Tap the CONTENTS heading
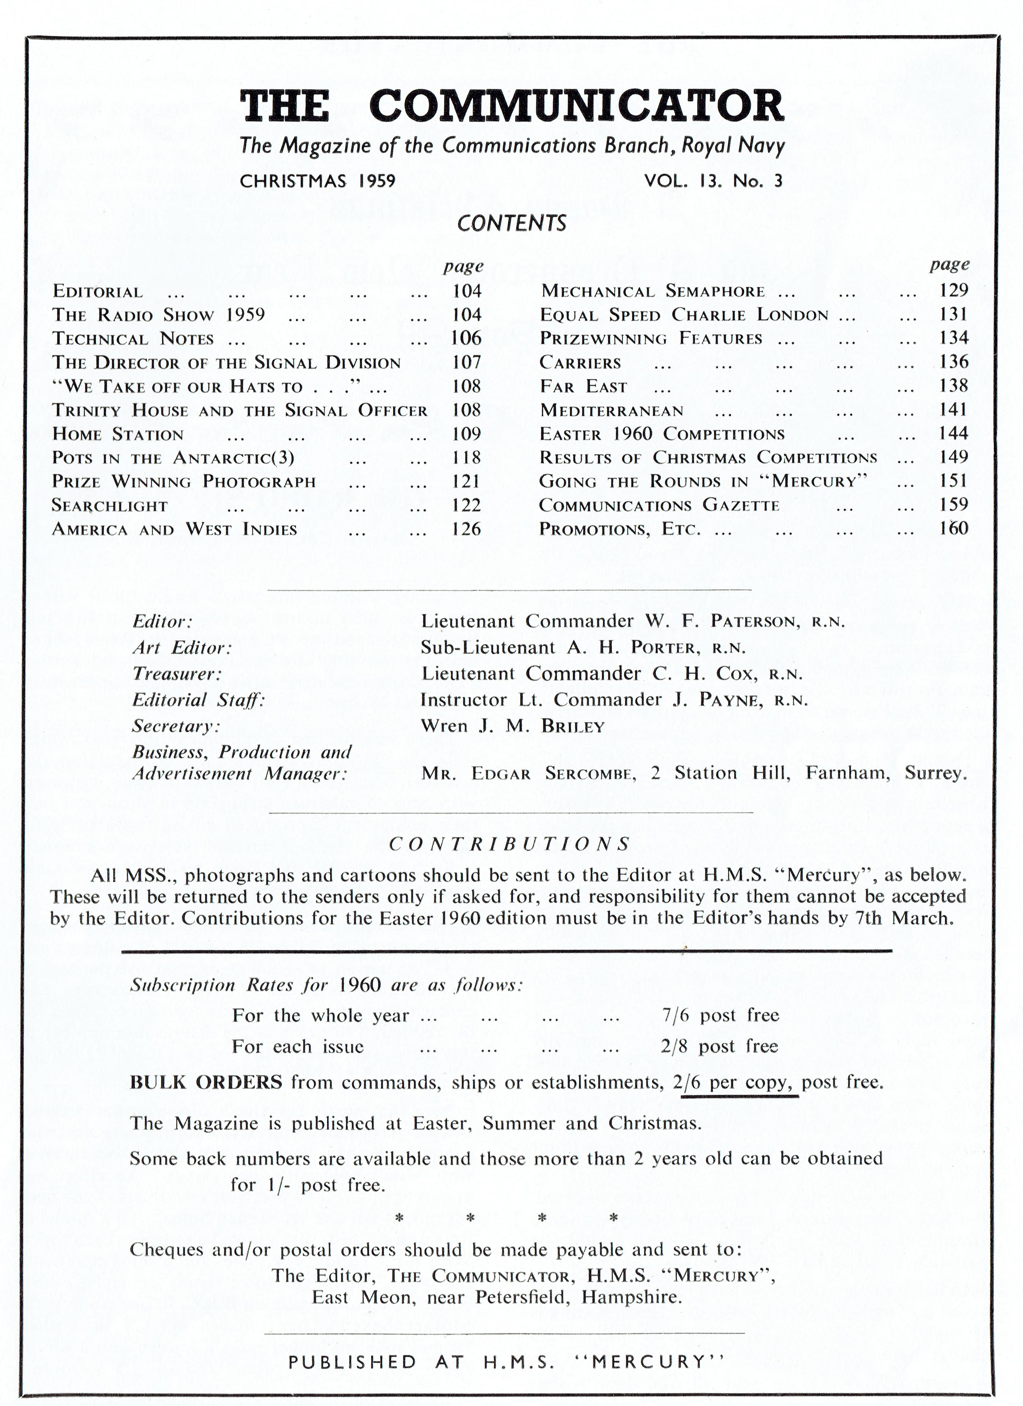pyautogui.click(x=511, y=223)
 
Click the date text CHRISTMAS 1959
pyautogui.click(x=317, y=181)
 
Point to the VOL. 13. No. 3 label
pyautogui.click(x=713, y=181)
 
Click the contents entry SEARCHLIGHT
pyautogui.click(x=110, y=506)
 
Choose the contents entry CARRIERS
pyautogui.click(x=580, y=363)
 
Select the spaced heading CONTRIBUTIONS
pyautogui.click(x=510, y=844)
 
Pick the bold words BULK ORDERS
pyautogui.click(x=206, y=1082)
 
